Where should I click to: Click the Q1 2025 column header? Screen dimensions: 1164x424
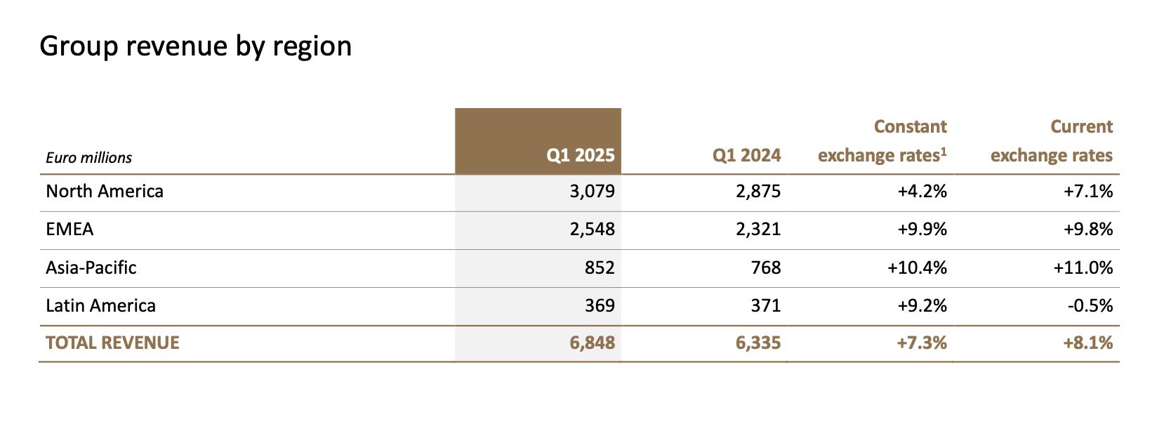tap(581, 155)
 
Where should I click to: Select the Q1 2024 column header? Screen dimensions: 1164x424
tap(747, 155)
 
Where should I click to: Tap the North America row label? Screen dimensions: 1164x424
tap(105, 191)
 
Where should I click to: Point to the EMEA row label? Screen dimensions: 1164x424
tap(70, 229)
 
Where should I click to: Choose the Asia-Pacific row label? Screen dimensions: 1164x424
tap(91, 267)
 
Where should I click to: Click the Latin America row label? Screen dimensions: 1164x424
tap(101, 305)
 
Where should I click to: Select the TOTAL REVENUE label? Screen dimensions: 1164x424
tap(112, 343)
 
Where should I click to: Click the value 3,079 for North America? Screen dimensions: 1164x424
tap(593, 192)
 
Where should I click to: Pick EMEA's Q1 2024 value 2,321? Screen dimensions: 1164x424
tap(758, 230)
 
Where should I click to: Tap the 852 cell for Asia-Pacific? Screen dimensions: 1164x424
tap(600, 267)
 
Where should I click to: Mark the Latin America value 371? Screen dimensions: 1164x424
tap(766, 305)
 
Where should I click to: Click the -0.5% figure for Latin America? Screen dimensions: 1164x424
tap(1090, 305)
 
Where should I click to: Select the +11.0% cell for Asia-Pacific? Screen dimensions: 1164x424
tap(1083, 267)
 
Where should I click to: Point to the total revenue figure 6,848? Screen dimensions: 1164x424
tap(593, 343)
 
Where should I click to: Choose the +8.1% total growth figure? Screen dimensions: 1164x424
tap(1088, 343)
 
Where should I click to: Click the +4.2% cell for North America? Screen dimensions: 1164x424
tap(922, 191)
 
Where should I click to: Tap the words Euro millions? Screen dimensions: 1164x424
tap(89, 157)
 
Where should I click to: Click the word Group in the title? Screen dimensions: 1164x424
tap(79, 46)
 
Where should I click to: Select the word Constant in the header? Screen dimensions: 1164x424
tap(911, 127)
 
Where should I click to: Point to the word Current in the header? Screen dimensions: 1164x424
tap(1082, 127)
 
